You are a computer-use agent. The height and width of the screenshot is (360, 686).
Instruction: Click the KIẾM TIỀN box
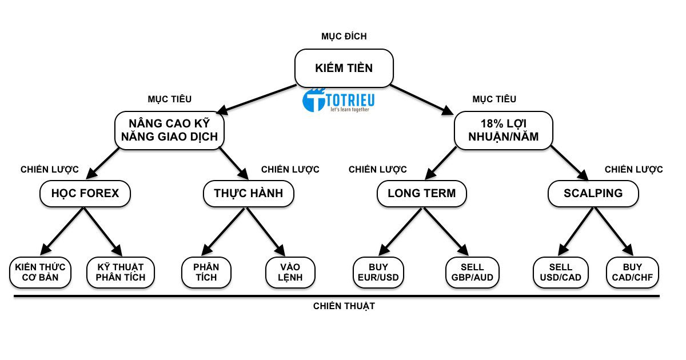pos(344,68)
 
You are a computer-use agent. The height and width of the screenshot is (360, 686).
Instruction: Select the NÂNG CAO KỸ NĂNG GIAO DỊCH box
pos(169,130)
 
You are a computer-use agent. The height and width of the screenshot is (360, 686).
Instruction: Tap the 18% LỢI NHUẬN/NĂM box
pos(504,130)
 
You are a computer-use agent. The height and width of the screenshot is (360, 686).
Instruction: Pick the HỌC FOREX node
pos(85,193)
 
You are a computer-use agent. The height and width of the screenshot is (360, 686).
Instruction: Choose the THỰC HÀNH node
pos(249,193)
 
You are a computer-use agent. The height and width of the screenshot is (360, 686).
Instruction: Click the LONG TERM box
pos(422,193)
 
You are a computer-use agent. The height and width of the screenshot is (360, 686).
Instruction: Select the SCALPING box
pos(593,193)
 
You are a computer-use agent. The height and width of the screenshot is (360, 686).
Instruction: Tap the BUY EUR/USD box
pos(378,273)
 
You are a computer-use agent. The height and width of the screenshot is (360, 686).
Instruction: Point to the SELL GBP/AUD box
pos(472,273)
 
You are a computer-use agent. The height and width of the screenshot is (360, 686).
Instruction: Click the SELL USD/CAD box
pos(560,273)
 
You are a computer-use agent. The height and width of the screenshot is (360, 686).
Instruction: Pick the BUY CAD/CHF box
pos(632,273)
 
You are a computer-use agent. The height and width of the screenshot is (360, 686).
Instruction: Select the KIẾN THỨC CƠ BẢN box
pos(40,273)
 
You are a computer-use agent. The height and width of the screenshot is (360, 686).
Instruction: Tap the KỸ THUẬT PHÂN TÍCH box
pos(121,273)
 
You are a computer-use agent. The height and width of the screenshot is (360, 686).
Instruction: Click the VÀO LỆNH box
pos(291,273)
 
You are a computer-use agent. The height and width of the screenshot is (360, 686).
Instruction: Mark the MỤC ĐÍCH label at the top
pos(344,37)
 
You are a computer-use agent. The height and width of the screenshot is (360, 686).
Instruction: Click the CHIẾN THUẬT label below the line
pos(344,306)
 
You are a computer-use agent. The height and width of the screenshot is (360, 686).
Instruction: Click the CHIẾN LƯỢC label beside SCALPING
pos(633,170)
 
